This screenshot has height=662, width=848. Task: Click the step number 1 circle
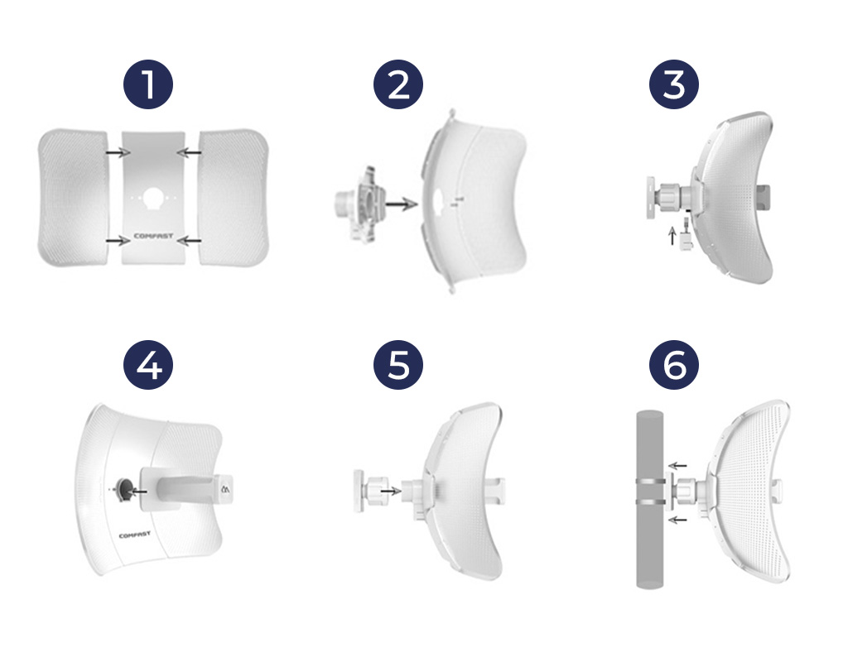148,84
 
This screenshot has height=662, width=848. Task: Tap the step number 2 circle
398,84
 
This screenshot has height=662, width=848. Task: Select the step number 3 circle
674,84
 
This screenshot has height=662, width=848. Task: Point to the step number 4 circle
148,365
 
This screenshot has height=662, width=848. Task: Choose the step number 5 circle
398,365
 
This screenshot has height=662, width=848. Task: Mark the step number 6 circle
674,365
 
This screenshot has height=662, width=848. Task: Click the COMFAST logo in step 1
153,236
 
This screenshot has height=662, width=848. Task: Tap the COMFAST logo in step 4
135,535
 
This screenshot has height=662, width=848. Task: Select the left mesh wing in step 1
73,197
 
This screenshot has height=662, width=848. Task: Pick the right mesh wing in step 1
234,197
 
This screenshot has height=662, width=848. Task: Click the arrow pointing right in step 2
402,204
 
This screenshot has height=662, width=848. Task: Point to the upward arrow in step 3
672,236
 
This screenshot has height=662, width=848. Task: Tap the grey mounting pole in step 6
649,500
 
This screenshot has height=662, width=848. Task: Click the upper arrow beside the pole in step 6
677,465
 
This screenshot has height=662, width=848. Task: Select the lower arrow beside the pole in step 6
677,520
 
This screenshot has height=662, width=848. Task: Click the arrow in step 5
391,491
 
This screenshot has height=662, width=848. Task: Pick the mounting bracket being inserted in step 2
359,204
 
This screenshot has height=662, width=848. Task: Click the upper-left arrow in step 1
118,153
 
